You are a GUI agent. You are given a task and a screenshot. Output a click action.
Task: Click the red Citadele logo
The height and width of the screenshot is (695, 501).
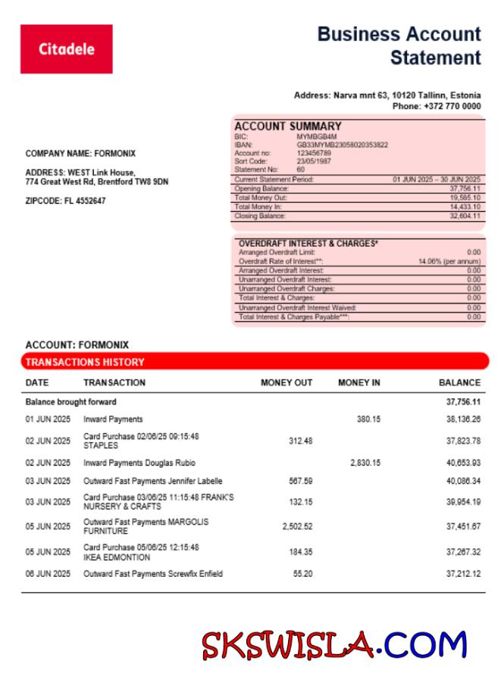pos(66,49)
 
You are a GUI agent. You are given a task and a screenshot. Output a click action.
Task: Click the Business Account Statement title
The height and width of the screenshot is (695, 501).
pos(399,45)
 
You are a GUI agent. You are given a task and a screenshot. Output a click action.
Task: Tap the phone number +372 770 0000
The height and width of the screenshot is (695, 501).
pos(437,107)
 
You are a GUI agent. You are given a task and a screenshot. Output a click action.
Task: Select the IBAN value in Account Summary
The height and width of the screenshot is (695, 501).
pos(342,144)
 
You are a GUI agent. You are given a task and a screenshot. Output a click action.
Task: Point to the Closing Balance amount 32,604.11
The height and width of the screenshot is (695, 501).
pos(465,216)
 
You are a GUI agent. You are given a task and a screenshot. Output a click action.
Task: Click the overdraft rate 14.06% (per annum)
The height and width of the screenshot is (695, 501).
pos(449,261)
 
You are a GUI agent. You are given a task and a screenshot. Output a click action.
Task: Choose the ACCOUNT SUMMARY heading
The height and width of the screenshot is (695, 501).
pos(287,126)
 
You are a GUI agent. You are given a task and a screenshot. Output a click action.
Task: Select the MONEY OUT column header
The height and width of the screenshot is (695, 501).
pos(286,382)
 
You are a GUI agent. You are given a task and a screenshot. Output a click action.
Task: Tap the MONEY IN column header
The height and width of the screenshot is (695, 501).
pos(359,382)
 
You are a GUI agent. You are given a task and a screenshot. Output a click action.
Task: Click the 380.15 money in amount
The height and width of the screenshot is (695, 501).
pos(368,419)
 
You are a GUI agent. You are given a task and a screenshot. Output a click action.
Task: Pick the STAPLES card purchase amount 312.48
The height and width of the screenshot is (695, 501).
pos(301,441)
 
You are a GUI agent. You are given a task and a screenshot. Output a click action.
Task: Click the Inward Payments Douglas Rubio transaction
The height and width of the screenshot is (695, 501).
pos(139,463)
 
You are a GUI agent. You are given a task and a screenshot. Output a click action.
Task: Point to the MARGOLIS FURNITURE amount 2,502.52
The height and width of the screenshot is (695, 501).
pos(297,526)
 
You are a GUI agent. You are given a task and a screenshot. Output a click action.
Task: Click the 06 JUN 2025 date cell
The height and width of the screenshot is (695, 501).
pos(48,574)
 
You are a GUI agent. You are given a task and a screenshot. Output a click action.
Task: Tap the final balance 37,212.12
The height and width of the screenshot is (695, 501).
pos(463,574)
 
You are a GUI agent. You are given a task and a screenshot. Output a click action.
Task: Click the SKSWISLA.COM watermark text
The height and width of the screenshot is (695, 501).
pos(333,646)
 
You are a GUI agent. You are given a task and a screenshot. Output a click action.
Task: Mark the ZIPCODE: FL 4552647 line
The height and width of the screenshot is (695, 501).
pos(65,201)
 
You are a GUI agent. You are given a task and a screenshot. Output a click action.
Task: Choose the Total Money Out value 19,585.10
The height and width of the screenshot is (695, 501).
pos(465,198)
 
